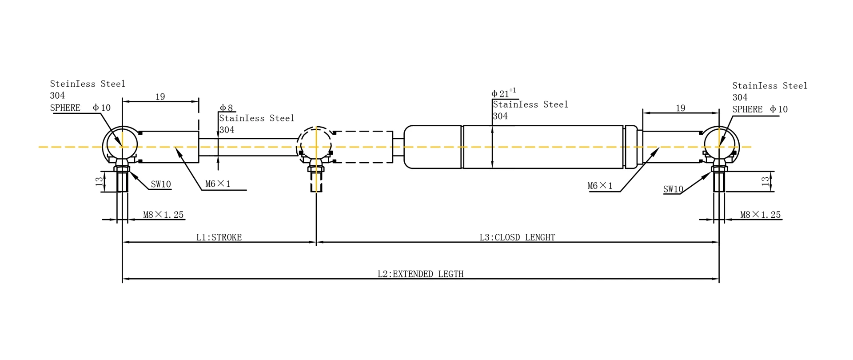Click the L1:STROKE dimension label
click(219, 237)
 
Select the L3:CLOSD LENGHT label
click(517, 237)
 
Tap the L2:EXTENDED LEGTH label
click(420, 274)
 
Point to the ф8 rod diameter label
click(226, 108)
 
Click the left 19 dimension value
click(160, 96)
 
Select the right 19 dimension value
click(680, 108)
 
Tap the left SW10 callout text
click(161, 184)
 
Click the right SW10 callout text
click(673, 189)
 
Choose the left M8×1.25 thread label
click(163, 215)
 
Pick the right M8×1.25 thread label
click(760, 215)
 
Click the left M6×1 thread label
click(218, 184)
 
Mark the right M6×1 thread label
click(600, 186)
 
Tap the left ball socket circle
click(120, 144)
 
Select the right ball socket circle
click(721, 144)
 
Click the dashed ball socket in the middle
click(315, 144)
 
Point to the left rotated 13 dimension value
click(100, 181)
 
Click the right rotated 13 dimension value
click(765, 181)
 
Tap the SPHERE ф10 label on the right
click(760, 109)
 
